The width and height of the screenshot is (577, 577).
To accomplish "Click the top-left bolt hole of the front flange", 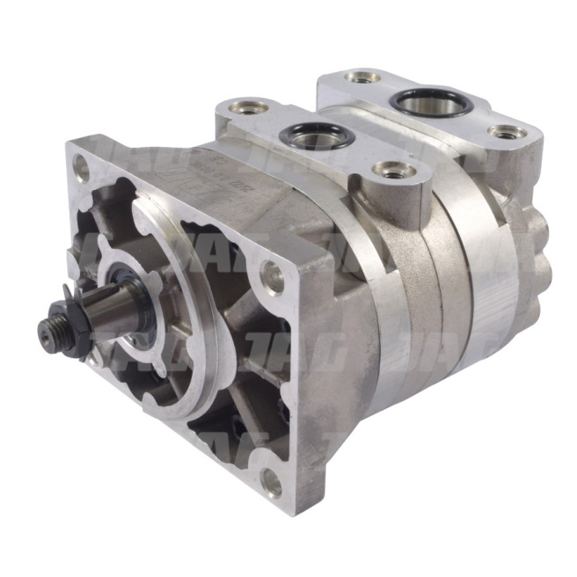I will point(83,164).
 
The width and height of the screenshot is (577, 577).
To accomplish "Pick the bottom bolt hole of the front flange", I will point(274,481).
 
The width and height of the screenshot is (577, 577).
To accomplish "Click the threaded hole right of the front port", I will point(386,169).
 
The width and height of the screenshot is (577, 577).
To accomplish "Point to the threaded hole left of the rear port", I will point(362,77).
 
